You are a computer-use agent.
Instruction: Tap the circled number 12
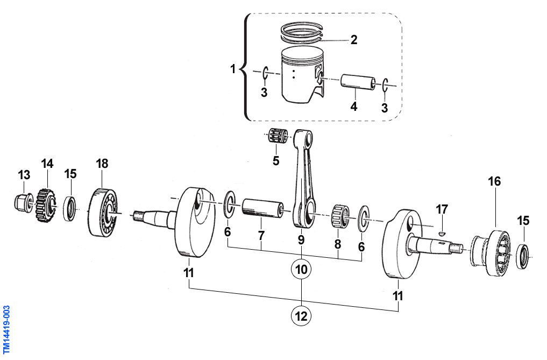(301, 316)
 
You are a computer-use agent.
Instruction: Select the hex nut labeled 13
(20, 202)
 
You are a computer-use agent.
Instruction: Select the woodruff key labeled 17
(441, 233)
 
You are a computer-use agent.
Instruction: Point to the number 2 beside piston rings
(353, 39)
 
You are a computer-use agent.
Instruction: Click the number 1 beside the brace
(233, 69)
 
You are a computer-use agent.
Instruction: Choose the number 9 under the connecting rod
(301, 238)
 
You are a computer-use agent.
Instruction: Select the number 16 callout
(494, 182)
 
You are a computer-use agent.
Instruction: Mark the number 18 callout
(102, 164)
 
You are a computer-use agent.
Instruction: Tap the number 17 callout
(442, 209)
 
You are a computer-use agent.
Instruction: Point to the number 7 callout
(261, 236)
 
